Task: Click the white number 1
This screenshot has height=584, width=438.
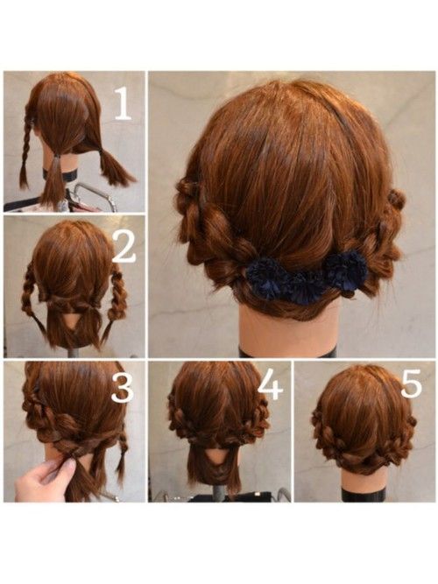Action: point(123,105)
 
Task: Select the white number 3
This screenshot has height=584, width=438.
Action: point(123,388)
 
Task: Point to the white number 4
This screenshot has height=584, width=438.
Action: point(271,386)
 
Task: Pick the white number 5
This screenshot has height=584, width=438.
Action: point(412,383)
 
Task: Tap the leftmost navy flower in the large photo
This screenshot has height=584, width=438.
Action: point(265,273)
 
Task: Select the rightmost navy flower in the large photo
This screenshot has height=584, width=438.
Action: point(346,267)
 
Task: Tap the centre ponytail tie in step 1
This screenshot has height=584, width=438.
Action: point(57,157)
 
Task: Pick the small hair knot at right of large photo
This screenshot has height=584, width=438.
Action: point(398,197)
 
